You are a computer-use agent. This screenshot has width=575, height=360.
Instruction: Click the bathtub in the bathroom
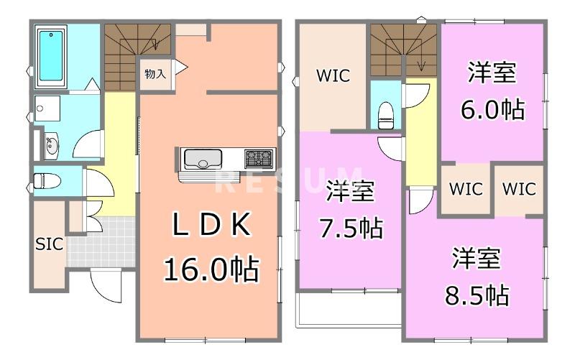(51, 55)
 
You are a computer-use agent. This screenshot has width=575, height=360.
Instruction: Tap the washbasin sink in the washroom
(51, 146)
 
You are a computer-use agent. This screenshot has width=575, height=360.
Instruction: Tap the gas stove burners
(259, 157)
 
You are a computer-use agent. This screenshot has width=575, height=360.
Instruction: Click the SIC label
(49, 244)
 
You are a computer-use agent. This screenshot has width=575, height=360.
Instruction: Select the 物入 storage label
(155, 74)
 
